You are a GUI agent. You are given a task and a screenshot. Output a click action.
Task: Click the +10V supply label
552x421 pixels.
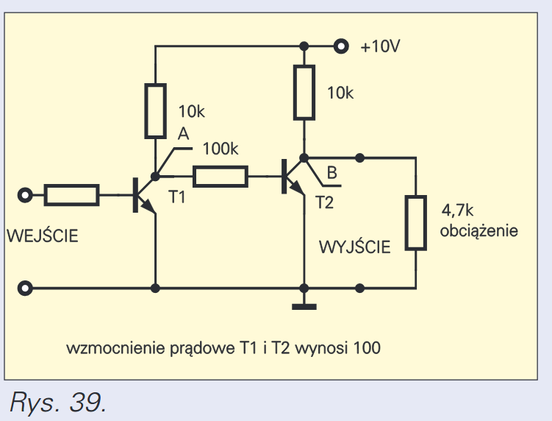click(x=380, y=47)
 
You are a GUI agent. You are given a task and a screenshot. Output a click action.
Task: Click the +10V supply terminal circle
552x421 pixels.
click(x=340, y=46)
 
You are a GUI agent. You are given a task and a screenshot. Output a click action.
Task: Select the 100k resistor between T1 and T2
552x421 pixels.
click(x=221, y=176)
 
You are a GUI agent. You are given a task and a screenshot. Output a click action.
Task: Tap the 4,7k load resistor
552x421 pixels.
click(x=417, y=223)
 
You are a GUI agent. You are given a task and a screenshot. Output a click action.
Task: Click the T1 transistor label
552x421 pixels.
click(x=178, y=198)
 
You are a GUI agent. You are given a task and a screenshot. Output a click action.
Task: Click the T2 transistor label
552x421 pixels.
click(x=324, y=202)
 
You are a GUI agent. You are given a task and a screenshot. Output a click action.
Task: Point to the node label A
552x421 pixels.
click(x=183, y=133)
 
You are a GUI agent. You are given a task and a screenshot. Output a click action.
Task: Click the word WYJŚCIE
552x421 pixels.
click(x=355, y=247)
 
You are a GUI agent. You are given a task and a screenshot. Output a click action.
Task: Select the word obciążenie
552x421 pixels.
click(x=478, y=230)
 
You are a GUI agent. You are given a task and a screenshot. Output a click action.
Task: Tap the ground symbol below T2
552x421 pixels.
click(x=302, y=305)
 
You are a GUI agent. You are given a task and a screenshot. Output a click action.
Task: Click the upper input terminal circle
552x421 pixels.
click(x=26, y=195)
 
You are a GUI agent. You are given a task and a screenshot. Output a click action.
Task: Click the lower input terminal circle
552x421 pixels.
click(x=26, y=288)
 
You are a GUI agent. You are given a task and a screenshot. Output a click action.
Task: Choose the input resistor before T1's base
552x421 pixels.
click(x=71, y=195)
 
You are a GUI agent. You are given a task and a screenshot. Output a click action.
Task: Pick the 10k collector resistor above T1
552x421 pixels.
click(x=155, y=111)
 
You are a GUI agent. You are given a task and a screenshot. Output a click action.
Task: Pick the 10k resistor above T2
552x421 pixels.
click(x=303, y=92)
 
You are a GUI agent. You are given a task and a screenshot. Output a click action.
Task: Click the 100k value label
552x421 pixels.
click(x=220, y=149)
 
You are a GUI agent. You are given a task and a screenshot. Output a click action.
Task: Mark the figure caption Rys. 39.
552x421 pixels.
click(x=58, y=402)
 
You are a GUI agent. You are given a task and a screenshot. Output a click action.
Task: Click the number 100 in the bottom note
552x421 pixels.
click(x=368, y=347)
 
